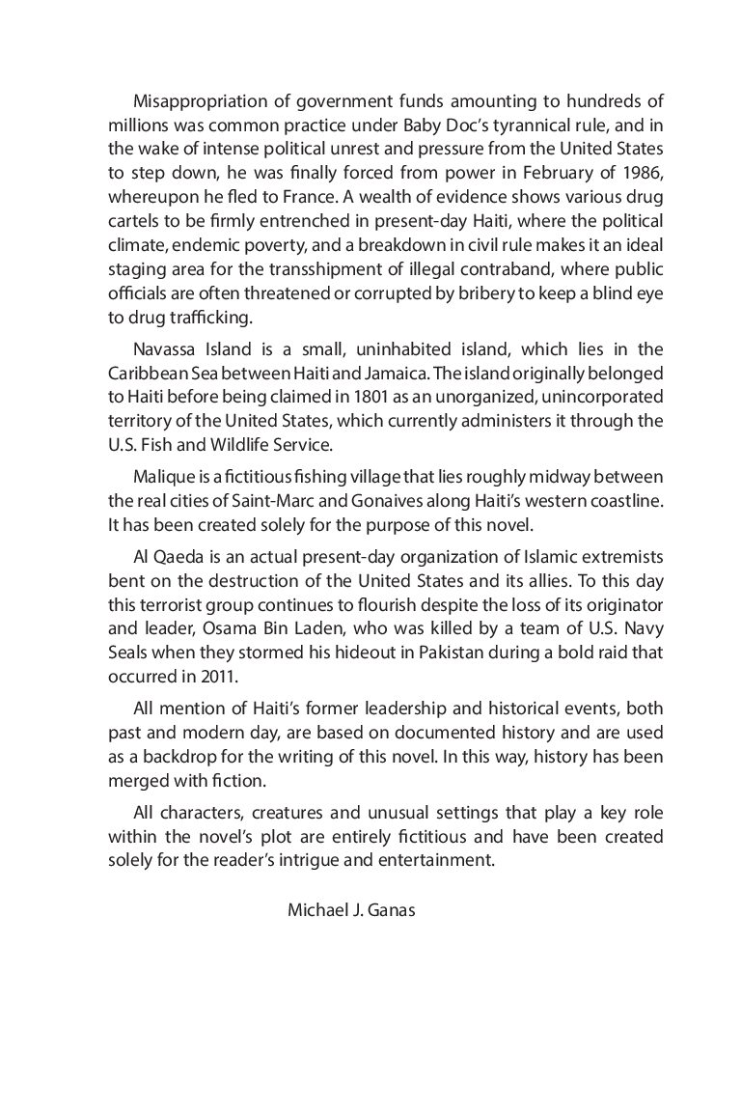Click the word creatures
283,813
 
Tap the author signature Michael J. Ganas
351,910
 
